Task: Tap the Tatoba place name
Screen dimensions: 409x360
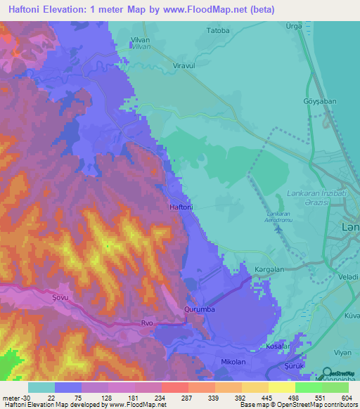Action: coord(217,31)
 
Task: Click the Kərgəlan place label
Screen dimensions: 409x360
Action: coord(269,269)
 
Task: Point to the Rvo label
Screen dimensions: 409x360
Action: coord(147,323)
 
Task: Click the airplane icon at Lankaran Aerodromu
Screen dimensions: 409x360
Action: coord(279,228)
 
